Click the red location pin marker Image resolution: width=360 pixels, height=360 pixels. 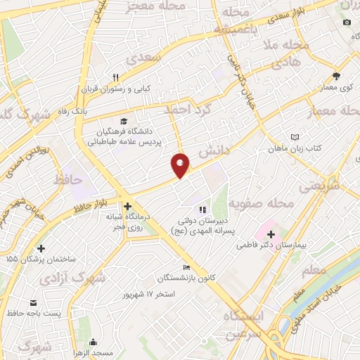181,165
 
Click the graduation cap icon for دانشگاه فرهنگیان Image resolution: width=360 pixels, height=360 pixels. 124,121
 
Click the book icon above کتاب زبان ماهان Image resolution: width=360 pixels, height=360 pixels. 295,138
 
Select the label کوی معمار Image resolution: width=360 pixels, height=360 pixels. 336,87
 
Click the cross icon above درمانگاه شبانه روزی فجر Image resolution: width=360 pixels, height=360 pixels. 127,207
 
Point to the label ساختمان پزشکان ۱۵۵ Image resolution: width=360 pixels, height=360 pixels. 41,259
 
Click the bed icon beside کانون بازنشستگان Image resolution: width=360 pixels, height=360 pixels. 186,267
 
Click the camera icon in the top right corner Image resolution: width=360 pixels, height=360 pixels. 346,22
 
